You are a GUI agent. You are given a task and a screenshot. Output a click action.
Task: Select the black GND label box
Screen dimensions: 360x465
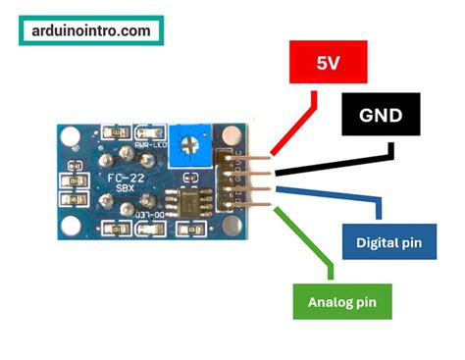(x=380, y=116)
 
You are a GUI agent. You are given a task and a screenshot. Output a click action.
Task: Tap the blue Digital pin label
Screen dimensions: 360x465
(x=389, y=242)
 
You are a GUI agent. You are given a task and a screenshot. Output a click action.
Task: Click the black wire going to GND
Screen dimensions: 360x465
(x=334, y=164)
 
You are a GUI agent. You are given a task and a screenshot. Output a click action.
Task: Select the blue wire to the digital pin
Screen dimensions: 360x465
(x=334, y=192)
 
